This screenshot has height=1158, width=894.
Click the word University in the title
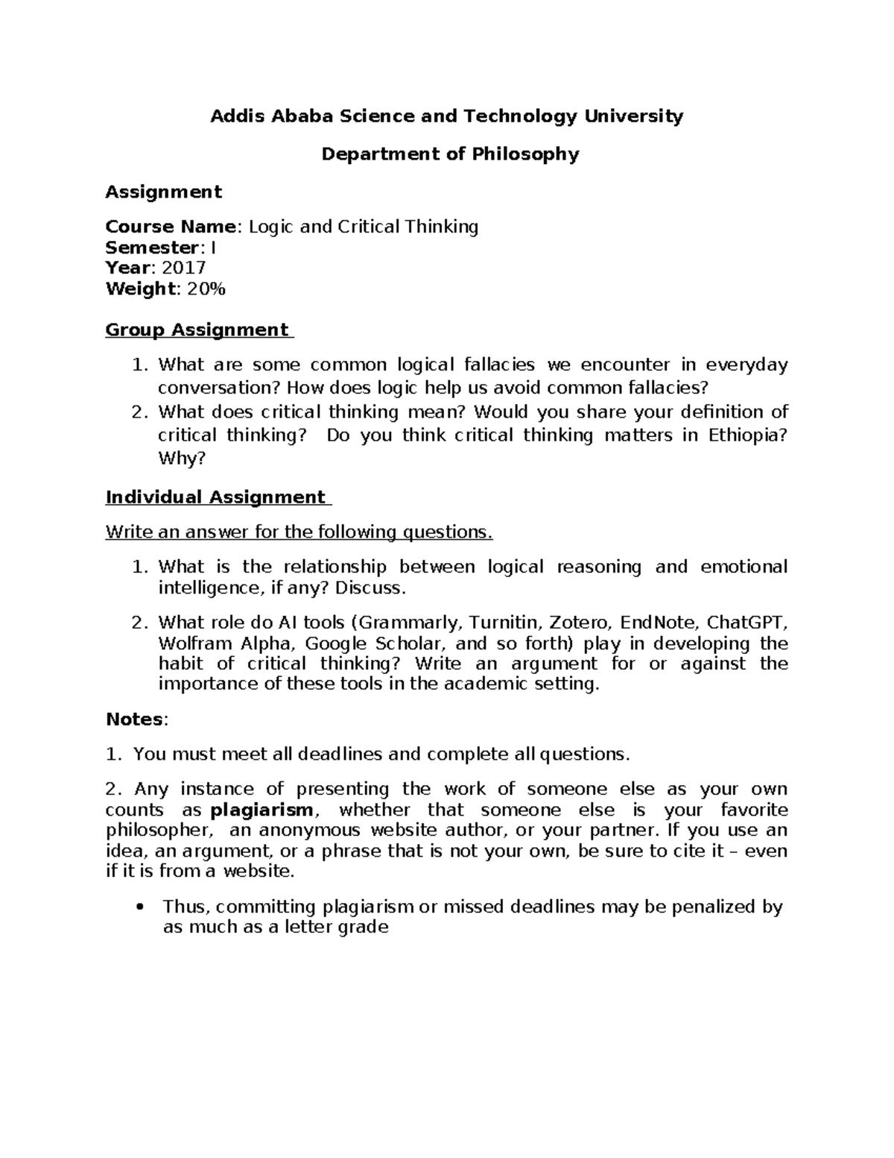coord(632,116)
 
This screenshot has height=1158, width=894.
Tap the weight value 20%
coord(206,289)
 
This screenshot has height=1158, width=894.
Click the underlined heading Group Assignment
coord(197,330)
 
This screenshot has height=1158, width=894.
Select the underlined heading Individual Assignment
coord(215,497)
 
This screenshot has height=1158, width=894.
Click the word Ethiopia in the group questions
coord(744,435)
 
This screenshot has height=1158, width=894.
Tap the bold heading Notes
coord(135,720)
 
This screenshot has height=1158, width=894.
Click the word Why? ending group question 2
coord(181,458)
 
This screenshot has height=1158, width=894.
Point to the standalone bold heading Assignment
coord(163,192)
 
